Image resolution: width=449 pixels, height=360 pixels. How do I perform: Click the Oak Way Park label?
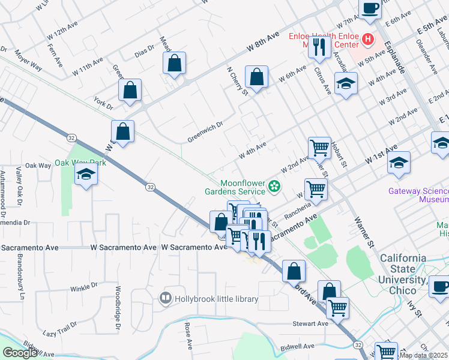tap(80, 163)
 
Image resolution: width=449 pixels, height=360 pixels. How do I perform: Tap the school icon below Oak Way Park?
tap(86, 175)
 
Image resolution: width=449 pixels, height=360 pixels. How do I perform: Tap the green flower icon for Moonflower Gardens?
tap(275, 187)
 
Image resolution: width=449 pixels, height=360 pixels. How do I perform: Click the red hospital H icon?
tap(367, 40)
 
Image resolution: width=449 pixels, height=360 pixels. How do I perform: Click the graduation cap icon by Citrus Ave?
tap(346, 84)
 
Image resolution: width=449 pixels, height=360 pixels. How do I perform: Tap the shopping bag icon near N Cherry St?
tap(256, 77)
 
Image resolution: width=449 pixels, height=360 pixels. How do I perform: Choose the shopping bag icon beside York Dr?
tap(130, 91)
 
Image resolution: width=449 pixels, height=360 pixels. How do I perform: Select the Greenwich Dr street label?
tap(205, 125)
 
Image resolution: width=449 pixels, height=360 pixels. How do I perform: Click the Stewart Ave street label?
tap(310, 323)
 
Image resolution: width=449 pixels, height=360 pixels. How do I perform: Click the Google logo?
tap(20, 353)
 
